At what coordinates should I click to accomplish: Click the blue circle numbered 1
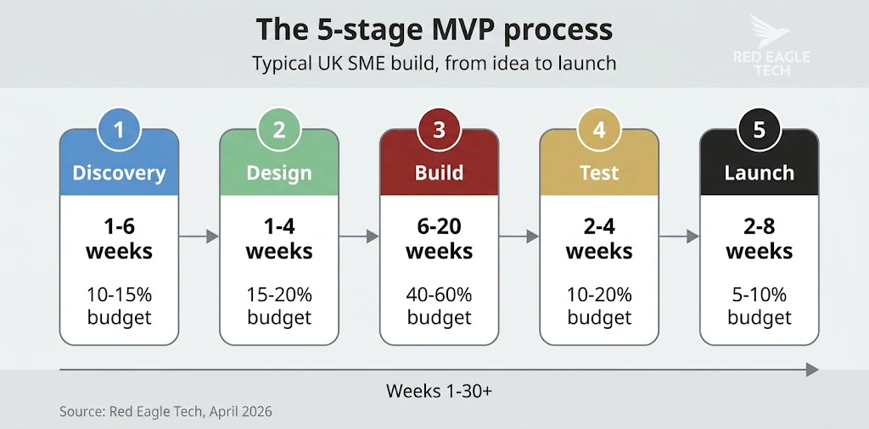click(x=119, y=130)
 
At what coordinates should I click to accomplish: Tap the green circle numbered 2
click(x=279, y=130)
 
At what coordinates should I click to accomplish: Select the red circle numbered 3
click(x=439, y=130)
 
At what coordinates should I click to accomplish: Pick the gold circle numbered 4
click(x=599, y=130)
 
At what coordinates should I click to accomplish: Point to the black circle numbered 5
click(x=759, y=130)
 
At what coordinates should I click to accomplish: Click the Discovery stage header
click(x=119, y=173)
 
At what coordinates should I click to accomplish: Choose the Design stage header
click(x=279, y=173)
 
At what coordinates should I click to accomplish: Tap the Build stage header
click(x=439, y=173)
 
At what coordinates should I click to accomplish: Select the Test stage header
click(x=599, y=173)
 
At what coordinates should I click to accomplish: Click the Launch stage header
click(x=759, y=173)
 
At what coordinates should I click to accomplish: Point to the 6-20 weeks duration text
click(x=439, y=239)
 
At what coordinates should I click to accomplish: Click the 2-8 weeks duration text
click(x=759, y=239)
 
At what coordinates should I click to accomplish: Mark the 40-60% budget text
click(x=439, y=306)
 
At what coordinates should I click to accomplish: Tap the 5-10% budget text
click(x=759, y=306)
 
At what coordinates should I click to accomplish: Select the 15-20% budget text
click(x=279, y=306)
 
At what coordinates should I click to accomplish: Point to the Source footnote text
click(x=165, y=412)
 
